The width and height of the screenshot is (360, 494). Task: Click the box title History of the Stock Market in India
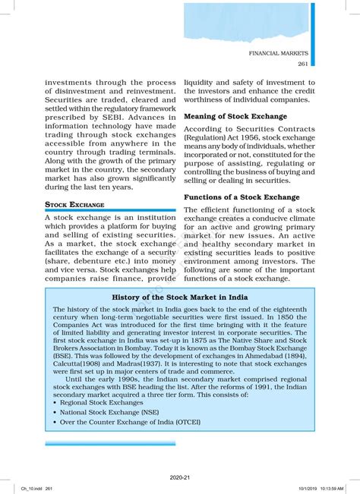(x=180, y=297)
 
